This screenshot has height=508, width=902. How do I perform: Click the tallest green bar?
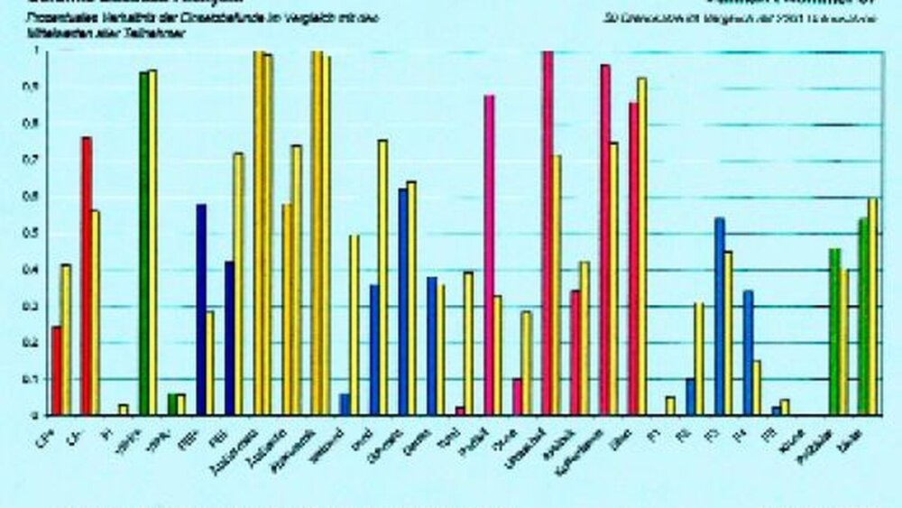tap(143, 244)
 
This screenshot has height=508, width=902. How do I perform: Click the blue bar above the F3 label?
tap(720, 316)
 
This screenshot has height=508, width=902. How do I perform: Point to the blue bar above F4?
tap(748, 353)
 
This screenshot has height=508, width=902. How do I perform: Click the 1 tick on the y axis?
tap(35, 51)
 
